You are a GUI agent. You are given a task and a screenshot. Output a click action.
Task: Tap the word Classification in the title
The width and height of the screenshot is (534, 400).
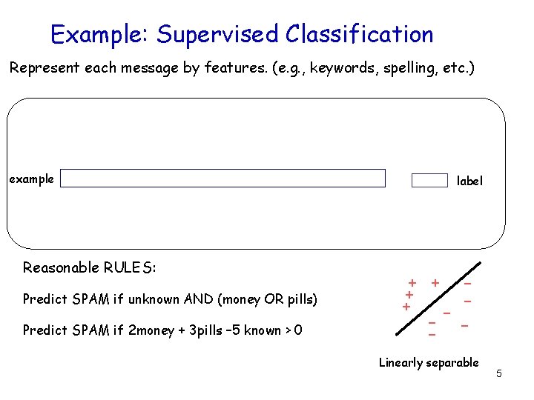pos(360,35)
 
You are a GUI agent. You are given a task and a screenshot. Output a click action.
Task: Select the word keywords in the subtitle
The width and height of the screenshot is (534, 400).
pos(340,69)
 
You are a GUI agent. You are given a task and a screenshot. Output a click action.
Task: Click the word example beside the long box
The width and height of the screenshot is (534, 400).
pos(31,179)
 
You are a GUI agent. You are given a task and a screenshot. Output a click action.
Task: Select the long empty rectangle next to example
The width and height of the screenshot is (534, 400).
pos(222,179)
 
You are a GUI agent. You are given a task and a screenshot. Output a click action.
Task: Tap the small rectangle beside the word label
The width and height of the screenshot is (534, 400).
pos(429,181)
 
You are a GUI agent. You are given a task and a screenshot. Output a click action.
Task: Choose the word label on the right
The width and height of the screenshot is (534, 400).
pos(469,181)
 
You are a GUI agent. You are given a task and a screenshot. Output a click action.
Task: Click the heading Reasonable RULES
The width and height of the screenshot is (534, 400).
pos(90,267)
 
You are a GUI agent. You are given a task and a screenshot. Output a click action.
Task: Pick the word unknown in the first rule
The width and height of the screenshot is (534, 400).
pos(153,299)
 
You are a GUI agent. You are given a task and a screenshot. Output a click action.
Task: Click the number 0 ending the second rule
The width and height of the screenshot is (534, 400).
pos(297,330)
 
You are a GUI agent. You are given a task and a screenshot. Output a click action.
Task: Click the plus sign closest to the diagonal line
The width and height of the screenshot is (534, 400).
pos(435,282)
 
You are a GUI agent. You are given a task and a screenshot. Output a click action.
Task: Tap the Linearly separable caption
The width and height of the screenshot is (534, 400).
pos(429,363)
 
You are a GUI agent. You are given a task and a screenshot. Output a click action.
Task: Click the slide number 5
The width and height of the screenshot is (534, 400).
pos(499,373)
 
